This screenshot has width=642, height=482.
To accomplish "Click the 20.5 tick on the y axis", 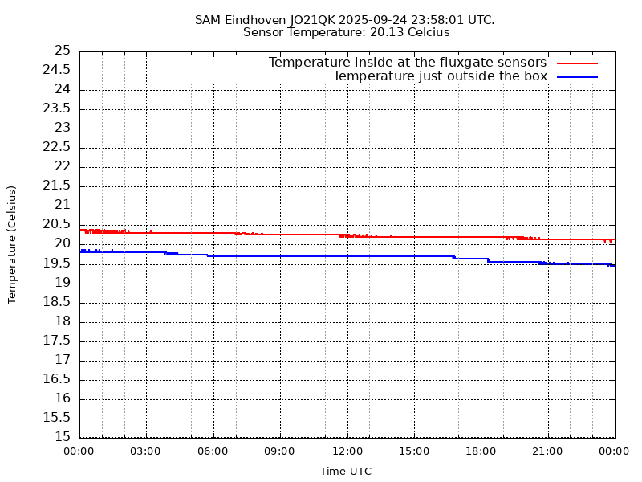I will (x=62, y=224).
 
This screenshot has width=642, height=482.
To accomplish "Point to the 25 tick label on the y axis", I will (x=62, y=51).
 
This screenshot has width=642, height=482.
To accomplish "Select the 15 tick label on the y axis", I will (x=62, y=437).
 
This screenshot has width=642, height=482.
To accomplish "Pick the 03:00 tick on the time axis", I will (x=146, y=451).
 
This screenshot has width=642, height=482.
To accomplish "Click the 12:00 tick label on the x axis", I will (x=347, y=451).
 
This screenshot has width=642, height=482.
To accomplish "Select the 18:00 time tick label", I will (x=481, y=451).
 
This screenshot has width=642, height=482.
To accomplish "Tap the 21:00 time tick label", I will (x=547, y=451).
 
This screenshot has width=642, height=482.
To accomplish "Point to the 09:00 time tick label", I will (x=280, y=451).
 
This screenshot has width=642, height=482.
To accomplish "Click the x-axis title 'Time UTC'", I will (x=346, y=472).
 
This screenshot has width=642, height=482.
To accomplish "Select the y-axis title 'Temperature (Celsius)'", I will (x=12, y=244).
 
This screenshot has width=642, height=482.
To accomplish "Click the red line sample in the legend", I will (x=577, y=63).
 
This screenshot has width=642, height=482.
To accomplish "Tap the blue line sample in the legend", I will (x=577, y=76).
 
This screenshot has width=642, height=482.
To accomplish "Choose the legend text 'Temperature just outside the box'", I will (x=440, y=76).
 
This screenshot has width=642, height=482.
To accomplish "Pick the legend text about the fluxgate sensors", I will (x=408, y=63).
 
